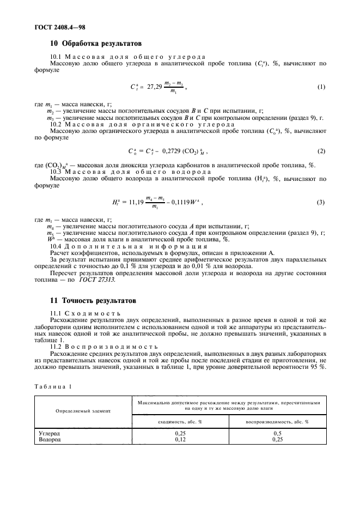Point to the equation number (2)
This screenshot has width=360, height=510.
pyautogui.click(x=321, y=150)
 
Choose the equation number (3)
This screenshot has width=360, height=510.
pyautogui.click(x=321, y=202)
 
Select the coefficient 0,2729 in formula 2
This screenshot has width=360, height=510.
pyautogui.click(x=173, y=151)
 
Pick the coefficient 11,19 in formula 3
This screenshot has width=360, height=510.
pyautogui.click(x=135, y=203)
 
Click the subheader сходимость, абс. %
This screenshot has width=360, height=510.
pyautogui.click(x=180, y=422)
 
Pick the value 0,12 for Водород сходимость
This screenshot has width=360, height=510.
pyautogui.click(x=180, y=439)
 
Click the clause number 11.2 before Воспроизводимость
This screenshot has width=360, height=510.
pyautogui.click(x=56, y=346)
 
